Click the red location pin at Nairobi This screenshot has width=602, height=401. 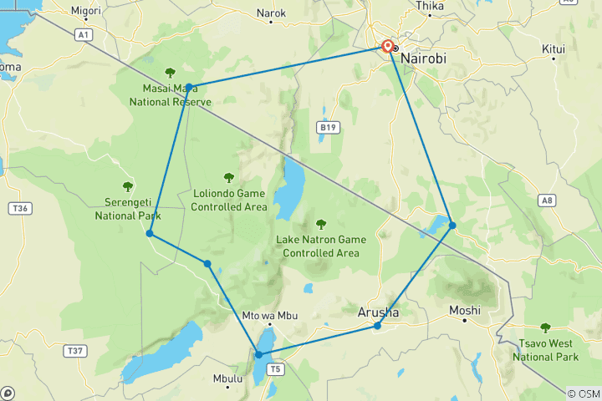point(388,46)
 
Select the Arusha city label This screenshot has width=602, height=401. point(379,312)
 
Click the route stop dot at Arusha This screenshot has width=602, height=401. point(378,326)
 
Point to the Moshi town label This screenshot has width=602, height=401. point(464,310)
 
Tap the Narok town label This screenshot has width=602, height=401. point(272,13)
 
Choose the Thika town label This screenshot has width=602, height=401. point(431,5)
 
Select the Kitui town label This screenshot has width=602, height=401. point(554,49)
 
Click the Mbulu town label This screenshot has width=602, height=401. point(227,378)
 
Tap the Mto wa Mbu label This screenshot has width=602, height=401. point(269,316)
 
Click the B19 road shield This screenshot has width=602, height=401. point(328,127)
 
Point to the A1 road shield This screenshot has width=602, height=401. point(82,34)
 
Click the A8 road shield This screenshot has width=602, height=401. point(547,200)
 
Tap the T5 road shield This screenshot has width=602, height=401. point(276,368)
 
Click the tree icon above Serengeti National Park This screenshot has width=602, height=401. point(128,186)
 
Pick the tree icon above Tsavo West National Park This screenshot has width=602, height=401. point(545,327)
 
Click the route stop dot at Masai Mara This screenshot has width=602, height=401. point(190,87)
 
